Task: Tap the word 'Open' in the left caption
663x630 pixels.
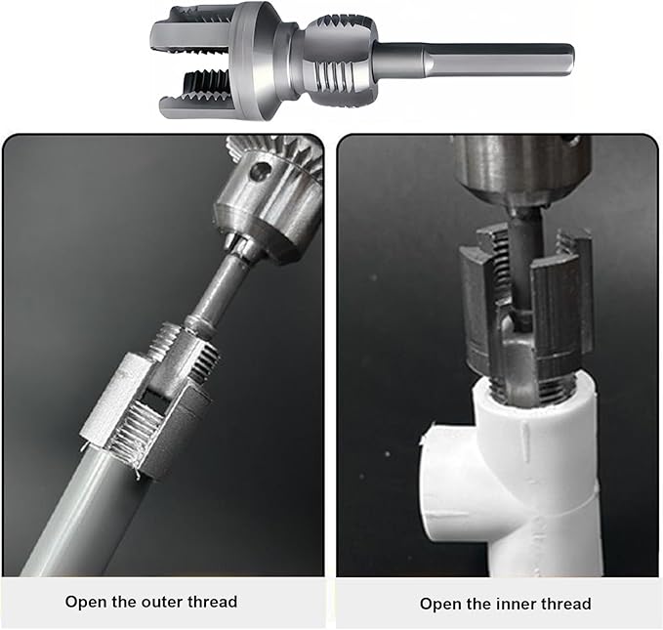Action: [x=86, y=602]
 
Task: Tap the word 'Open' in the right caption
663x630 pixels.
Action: [x=440, y=604]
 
